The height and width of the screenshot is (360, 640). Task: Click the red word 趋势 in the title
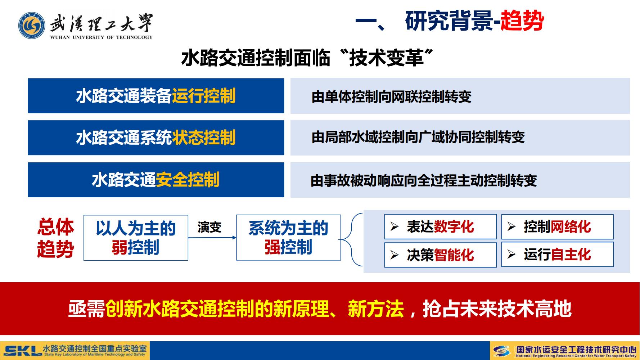(522, 21)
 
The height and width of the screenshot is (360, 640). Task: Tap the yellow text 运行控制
(204, 96)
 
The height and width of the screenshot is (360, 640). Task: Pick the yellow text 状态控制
(204, 138)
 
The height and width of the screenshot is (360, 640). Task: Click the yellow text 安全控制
(188, 180)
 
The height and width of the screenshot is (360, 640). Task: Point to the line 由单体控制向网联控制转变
(392, 96)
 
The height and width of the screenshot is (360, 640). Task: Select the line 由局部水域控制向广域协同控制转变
(418, 137)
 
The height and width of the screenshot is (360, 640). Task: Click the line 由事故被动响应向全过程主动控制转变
(424, 180)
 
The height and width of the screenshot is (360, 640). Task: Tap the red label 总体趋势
(55, 238)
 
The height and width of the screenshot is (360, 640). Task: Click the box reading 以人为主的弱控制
(136, 238)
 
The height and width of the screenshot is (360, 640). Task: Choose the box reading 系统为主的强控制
(288, 238)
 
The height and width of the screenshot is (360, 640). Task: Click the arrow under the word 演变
(212, 238)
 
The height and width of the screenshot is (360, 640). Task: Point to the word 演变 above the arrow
(209, 227)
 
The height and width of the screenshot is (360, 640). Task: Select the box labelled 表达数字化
(440, 227)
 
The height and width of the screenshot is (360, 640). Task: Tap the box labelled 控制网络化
(557, 227)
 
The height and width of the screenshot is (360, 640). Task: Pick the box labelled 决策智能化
(440, 255)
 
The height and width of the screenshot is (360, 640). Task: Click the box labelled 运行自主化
(557, 255)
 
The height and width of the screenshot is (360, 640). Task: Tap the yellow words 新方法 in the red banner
(376, 309)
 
